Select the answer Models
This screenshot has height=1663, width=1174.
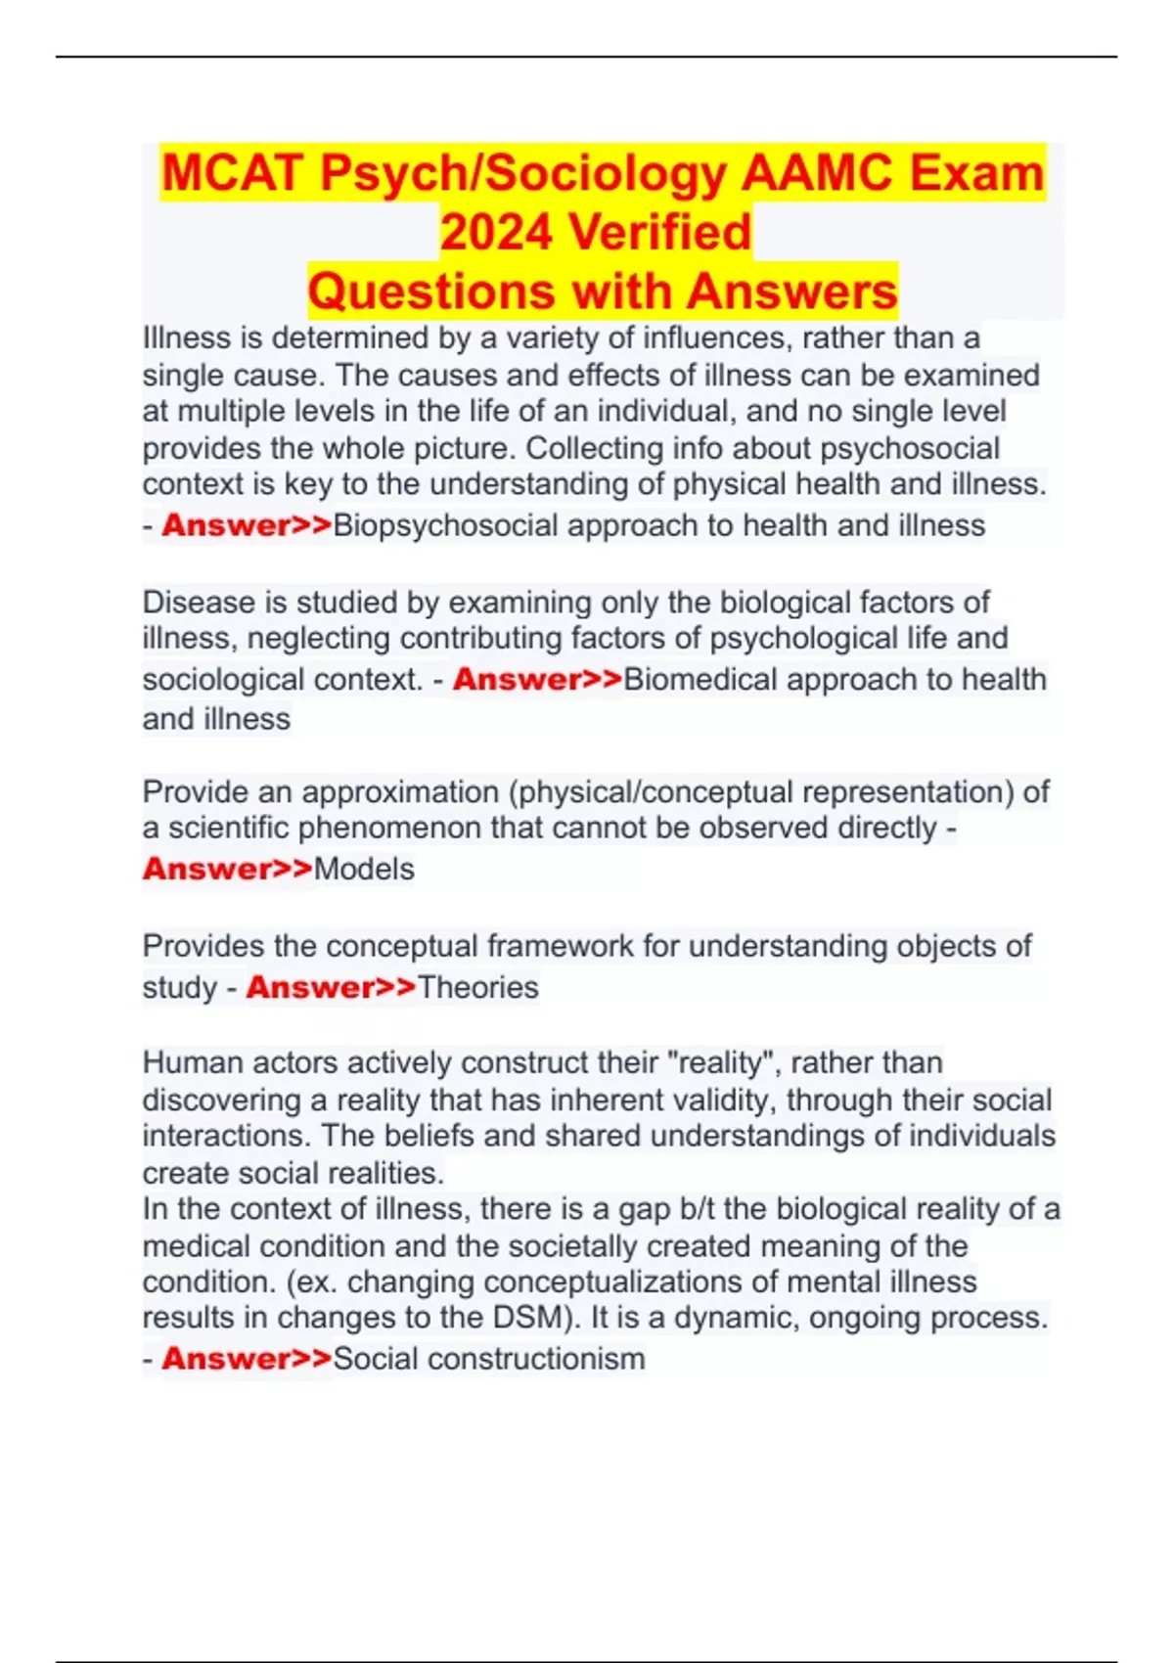point(364,869)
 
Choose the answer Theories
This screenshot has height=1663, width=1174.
point(478,987)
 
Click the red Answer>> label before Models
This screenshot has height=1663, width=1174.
point(227,869)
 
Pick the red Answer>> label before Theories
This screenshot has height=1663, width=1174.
point(331,987)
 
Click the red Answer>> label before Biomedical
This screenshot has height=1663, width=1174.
point(537,679)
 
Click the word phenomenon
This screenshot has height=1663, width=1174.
point(389,828)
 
